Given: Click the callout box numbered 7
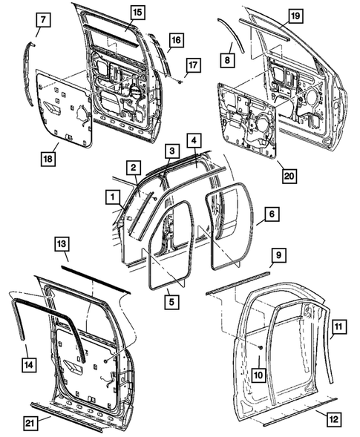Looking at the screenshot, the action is pos(43,20).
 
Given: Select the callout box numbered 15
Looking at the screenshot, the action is pos(137,13).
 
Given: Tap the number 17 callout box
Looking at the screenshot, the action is pos(193,65).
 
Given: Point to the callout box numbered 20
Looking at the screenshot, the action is pos(289,176).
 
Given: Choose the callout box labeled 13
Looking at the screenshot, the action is pos(62,244).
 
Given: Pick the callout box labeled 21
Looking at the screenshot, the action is pos(30,423).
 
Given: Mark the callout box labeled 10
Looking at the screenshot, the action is pos(258,375).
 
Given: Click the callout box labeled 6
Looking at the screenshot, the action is pos(272,214).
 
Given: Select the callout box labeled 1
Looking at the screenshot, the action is pos(113,197).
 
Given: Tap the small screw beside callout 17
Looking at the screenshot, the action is pos(180,82).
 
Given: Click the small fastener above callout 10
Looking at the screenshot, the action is pos(261,347).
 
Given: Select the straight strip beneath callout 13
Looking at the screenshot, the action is pos(96,280).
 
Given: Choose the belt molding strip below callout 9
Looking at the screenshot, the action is pos(238,283).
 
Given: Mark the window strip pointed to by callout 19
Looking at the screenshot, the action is pos(264,29).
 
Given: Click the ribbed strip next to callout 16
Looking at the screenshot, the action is pos(159,54).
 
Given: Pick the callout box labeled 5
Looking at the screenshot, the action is pos(171,301).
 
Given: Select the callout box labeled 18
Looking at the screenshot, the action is pos(48,159).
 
